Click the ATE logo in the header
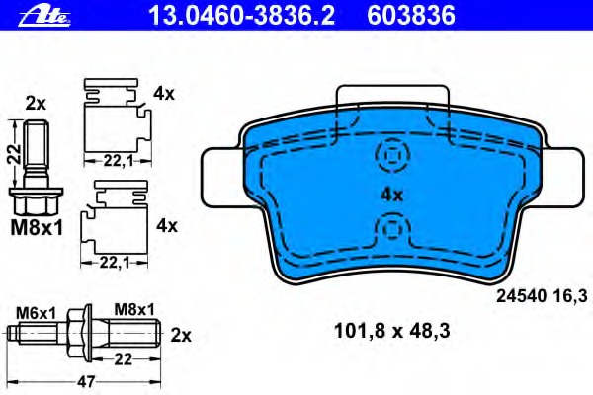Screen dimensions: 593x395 click(x=44, y=17)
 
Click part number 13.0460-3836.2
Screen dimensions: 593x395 click(x=242, y=16)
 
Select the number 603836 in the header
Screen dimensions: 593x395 click(x=411, y=16)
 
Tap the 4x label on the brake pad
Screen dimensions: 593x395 click(x=391, y=196)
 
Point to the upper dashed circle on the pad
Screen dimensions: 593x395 click(x=392, y=155)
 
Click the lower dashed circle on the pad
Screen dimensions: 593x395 click(x=392, y=228)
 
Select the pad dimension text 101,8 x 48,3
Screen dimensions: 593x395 click(x=392, y=331)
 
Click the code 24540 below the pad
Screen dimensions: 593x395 click(x=521, y=296)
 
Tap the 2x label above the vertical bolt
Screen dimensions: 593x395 click(x=36, y=103)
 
